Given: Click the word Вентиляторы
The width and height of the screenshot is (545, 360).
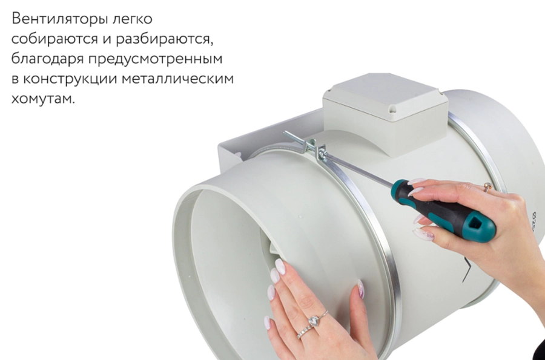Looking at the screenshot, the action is click(x=57, y=19).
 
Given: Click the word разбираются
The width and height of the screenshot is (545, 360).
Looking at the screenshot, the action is click(x=164, y=39).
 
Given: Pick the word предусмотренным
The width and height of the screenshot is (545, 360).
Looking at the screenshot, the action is click(x=156, y=59).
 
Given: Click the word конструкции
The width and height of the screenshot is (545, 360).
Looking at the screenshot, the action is click(x=70, y=79).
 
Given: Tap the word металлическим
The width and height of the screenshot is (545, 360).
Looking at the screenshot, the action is click(x=178, y=79).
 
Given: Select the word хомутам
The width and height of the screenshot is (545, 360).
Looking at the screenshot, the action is click(x=43, y=99).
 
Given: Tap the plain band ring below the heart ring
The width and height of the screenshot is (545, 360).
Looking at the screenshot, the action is click(x=305, y=331).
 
